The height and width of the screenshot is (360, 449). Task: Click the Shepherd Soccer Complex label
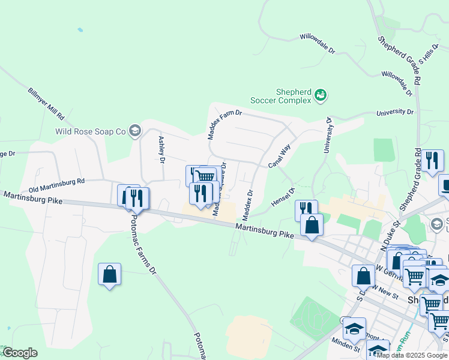294,96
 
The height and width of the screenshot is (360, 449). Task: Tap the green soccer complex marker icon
321,95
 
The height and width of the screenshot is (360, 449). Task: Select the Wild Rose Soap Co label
90,131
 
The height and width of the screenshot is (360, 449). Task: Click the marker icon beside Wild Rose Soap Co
135,130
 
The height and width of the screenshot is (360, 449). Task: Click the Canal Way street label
279,155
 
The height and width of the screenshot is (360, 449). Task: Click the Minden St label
348,348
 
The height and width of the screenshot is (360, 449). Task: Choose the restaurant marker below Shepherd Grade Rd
432,161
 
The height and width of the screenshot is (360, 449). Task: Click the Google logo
20,353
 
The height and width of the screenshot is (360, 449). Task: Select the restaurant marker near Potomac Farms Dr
137,198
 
